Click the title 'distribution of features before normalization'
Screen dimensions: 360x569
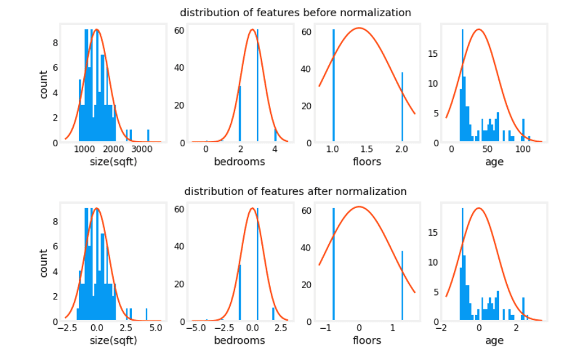[295, 12]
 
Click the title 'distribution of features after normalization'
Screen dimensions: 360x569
[295, 191]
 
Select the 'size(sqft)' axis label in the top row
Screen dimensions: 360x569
[113, 162]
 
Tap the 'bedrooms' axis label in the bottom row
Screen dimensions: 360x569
[239, 341]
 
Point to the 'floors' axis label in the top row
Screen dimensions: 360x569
[366, 162]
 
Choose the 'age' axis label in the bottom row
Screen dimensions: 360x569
[494, 341]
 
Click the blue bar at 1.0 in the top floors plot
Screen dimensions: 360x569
[333, 87]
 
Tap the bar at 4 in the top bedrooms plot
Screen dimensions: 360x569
[275, 136]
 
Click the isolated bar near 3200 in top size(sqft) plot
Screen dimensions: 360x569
[148, 136]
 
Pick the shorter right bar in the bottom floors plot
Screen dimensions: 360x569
[402, 286]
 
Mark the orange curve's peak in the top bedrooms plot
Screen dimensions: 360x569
[251, 29]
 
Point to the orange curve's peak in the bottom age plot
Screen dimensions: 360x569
[479, 208]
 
